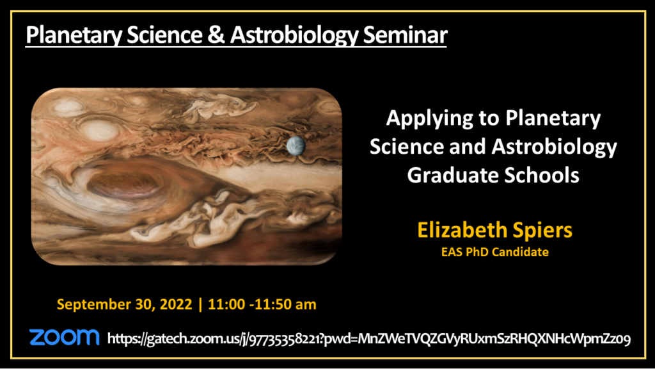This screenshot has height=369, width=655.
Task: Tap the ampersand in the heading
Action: (216, 35)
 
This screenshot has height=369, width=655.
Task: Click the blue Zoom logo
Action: (64, 337)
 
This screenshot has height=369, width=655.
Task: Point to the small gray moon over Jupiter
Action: (296, 145)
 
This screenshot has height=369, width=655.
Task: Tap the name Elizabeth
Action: (456, 230)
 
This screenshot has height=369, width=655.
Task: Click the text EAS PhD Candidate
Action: (495, 252)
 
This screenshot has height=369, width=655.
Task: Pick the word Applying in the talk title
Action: (428, 119)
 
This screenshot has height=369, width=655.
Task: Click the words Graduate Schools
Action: (493, 175)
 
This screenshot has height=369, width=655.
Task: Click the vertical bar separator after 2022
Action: (200, 304)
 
